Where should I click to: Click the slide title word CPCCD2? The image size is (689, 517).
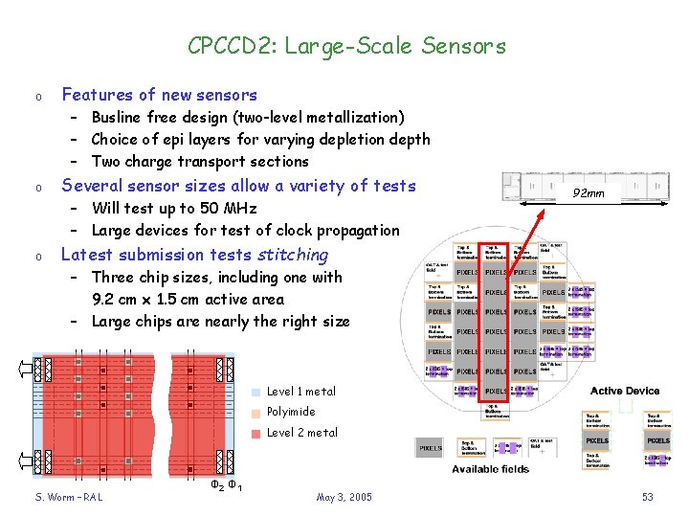[x=221, y=45]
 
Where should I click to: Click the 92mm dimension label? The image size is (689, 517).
[x=588, y=193]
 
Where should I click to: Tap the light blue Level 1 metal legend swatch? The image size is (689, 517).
[x=256, y=392]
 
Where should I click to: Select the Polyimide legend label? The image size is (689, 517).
[x=291, y=412]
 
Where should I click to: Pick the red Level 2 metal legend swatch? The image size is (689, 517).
[x=256, y=433]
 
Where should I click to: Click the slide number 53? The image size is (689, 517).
[x=648, y=497]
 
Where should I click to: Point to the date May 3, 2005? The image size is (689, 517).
[x=344, y=497]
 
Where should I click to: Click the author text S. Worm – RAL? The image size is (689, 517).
[x=69, y=497]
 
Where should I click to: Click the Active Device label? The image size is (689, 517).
[x=625, y=391]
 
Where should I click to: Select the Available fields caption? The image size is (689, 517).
[x=491, y=469]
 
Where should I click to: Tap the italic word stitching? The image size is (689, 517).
[x=293, y=255]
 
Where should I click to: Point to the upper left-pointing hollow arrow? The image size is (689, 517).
[x=23, y=369]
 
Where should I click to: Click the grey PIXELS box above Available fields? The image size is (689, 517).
[x=432, y=447]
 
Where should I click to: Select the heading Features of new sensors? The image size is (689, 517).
[x=159, y=95]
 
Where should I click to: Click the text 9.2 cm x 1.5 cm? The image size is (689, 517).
[x=152, y=300]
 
